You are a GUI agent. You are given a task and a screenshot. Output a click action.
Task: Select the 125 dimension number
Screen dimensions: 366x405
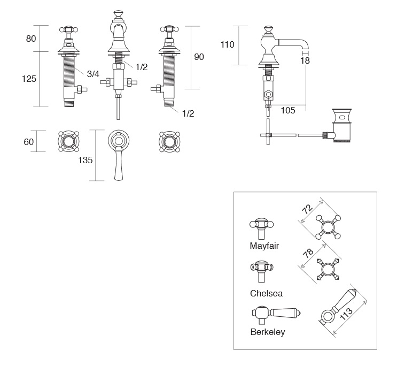[x=29, y=79]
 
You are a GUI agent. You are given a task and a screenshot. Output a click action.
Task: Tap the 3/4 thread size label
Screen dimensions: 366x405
[x=93, y=74]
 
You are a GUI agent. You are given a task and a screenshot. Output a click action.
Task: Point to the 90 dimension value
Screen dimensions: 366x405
[x=199, y=57]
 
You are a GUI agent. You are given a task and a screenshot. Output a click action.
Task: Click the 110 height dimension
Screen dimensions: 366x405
[x=228, y=44]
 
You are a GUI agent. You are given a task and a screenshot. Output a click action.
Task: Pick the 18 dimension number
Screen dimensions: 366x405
[x=305, y=62]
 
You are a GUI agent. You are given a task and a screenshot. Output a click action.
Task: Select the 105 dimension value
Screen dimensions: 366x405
[x=288, y=110]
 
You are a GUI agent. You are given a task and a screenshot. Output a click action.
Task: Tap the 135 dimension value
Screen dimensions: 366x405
[x=85, y=159]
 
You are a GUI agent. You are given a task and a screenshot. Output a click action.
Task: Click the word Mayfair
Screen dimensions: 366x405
[x=264, y=247]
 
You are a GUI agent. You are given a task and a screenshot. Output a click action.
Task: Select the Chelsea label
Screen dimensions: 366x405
[x=266, y=293]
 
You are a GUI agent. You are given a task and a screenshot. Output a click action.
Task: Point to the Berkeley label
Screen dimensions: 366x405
[x=268, y=332]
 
